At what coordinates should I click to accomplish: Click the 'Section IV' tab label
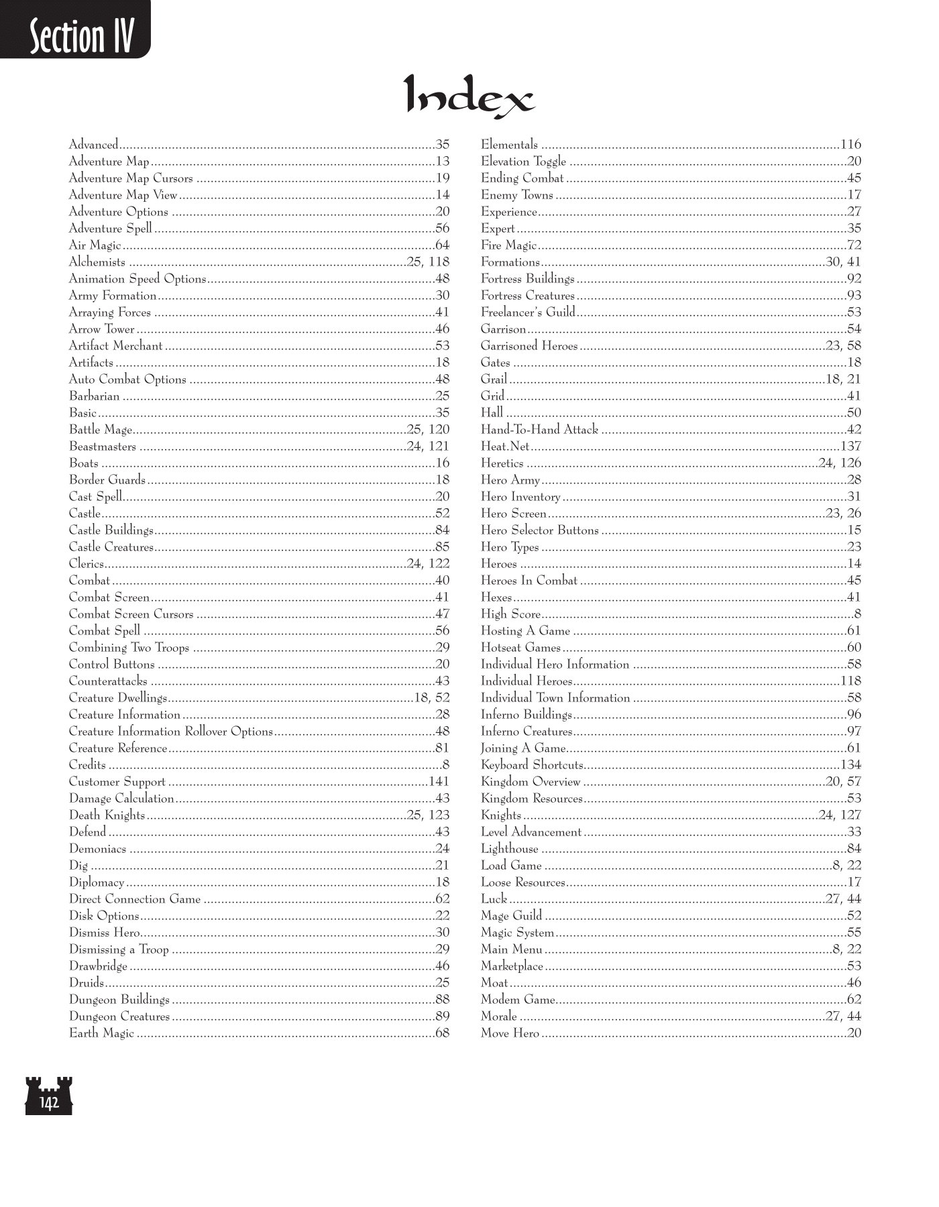tap(80, 36)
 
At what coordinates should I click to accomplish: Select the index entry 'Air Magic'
tap(95, 245)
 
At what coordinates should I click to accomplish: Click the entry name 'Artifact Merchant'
tap(115, 346)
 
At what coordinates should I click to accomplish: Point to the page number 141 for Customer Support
tap(439, 782)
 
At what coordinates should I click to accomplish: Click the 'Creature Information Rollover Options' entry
tap(171, 732)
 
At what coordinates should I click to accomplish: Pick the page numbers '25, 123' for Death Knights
tap(428, 815)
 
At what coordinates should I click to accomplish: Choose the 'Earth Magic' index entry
tap(101, 1033)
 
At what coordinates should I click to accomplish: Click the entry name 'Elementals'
tap(509, 145)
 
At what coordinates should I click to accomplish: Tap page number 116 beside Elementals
tap(850, 145)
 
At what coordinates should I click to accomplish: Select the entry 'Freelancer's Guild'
tap(528, 312)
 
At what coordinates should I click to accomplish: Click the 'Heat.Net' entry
tap(505, 447)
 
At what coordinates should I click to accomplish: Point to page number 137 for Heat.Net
tap(850, 447)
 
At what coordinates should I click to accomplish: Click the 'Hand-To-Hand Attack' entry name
tap(539, 430)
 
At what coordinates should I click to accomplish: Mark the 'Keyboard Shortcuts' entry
tap(532, 765)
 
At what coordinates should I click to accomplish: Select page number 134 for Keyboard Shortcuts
tap(850, 765)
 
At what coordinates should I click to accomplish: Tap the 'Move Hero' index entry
tap(510, 1033)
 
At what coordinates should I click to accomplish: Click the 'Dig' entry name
tap(78, 866)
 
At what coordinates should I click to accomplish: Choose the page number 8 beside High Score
tap(857, 614)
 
